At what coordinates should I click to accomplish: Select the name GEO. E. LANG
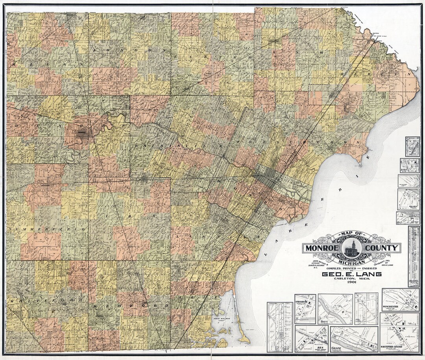[x=351, y=274]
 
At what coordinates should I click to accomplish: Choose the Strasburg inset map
[x=305, y=308]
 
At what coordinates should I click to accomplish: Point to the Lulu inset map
[x=409, y=165]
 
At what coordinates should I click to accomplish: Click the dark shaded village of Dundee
[x=82, y=133]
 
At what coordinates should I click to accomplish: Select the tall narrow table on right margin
[x=413, y=256]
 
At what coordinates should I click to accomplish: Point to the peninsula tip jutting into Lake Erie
[x=359, y=161]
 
